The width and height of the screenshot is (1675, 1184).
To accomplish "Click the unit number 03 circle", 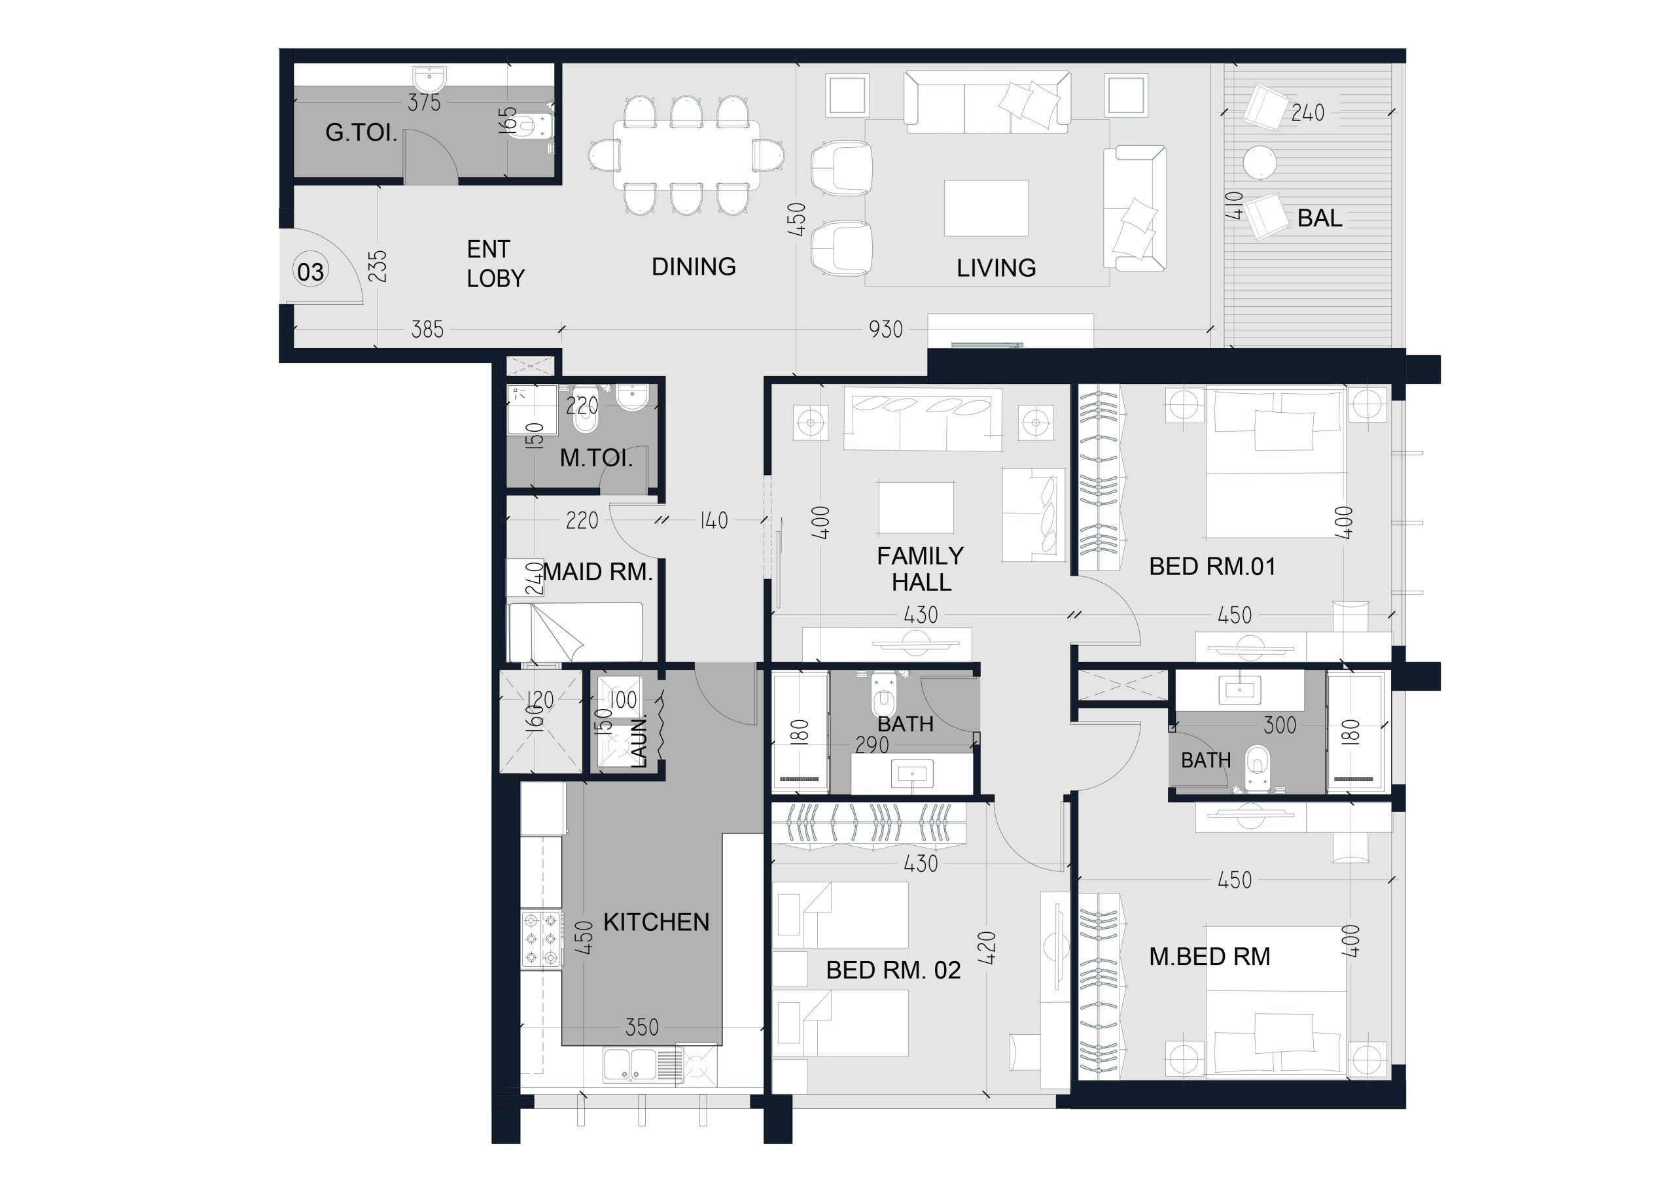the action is tap(311, 271).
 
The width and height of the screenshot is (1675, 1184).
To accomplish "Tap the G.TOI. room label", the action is tap(361, 133).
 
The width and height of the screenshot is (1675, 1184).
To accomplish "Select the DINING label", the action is tap(694, 266).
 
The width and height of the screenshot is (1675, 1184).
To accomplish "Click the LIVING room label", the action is tap(996, 268).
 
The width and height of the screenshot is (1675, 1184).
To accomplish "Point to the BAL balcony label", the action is tap(1320, 218).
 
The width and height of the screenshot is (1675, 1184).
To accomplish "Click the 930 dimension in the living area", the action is tap(886, 330).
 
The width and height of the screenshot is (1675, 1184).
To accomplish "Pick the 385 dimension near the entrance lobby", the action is tap(427, 330).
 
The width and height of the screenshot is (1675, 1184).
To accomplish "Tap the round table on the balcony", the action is tap(1260, 162).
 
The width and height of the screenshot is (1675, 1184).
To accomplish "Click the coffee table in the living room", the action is tap(986, 209).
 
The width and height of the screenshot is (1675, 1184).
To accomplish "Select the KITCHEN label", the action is tap(656, 922).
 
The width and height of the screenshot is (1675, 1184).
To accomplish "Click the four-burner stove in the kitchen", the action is tap(541, 939).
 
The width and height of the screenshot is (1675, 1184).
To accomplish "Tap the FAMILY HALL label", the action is tap(921, 569).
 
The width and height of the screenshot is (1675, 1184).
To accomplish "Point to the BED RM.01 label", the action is tap(1212, 567).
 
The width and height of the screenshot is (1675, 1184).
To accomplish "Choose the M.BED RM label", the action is tap(1210, 956).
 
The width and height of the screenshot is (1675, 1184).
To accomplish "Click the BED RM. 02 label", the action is tap(893, 970).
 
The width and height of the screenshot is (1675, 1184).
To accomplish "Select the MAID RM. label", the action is tap(598, 572).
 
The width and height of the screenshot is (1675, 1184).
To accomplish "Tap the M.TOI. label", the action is tap(596, 458).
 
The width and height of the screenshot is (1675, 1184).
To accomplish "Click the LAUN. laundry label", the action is tap(639, 742).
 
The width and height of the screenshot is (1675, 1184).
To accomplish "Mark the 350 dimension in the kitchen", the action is tap(642, 1028).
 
